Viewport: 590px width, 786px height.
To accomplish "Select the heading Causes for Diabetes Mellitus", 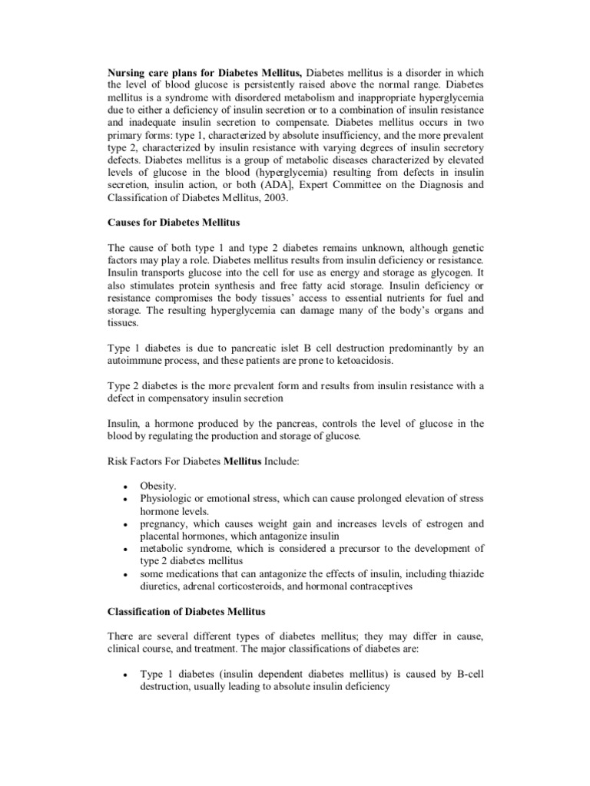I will pos(174,222).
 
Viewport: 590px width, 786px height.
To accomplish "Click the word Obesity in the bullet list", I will pos(157,486).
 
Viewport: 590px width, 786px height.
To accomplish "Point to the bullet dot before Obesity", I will pos(124,487).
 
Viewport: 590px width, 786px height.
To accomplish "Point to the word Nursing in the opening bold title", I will pos(126,70).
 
